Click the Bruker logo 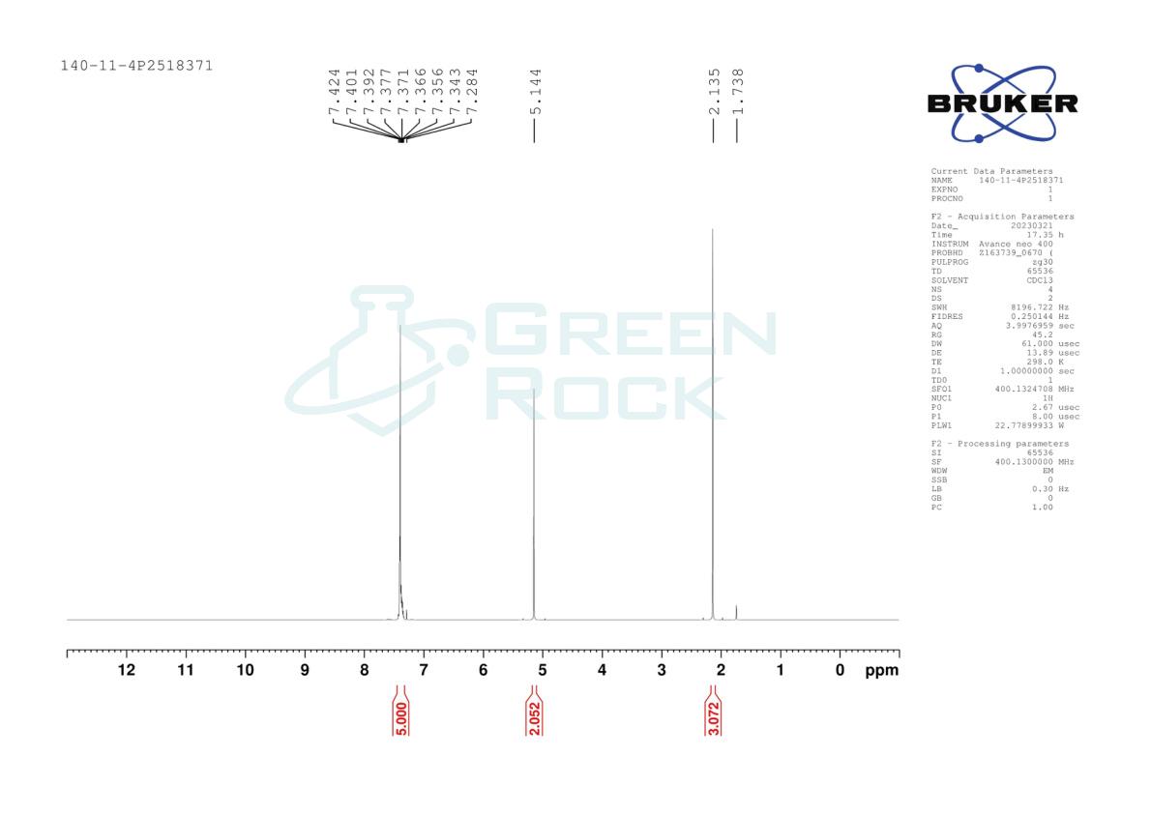coord(1003,103)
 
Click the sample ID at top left coord(136,66)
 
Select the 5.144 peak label coord(536,92)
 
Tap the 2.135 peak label coord(714,92)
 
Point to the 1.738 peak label coord(738,92)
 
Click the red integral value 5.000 coord(401,718)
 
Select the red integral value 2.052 coord(534,718)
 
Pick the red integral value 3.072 coord(714,718)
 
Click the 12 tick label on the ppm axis coord(127,669)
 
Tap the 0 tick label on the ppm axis coord(840,669)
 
